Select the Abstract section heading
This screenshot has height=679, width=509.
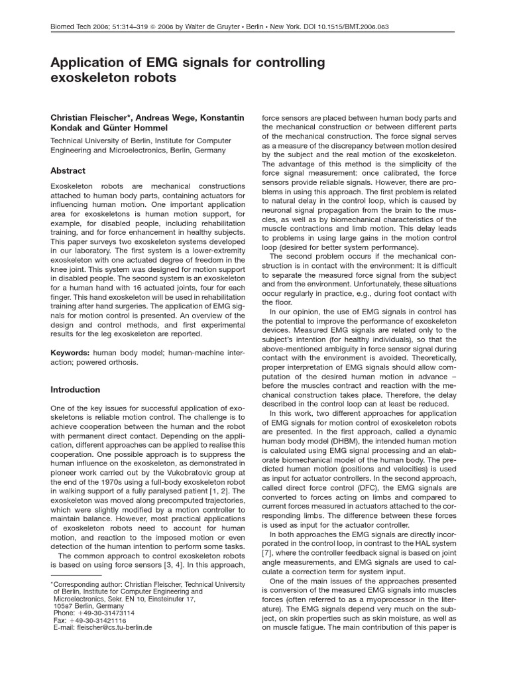[x=68, y=170]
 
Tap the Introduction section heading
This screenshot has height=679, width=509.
[x=76, y=389]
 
